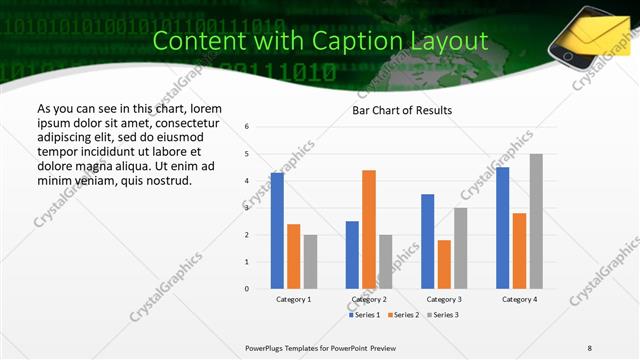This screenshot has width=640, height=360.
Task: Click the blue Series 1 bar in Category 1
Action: pos(277,231)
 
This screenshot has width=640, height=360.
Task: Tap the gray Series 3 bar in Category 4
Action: pos(536,221)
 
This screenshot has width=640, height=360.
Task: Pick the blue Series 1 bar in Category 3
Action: pos(428,241)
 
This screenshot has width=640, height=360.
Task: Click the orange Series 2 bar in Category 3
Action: pos(444,264)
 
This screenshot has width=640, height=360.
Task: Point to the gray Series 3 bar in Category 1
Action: pos(310,262)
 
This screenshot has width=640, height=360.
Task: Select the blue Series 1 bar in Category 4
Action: pos(503,228)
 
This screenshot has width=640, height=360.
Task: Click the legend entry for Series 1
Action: pos(364,315)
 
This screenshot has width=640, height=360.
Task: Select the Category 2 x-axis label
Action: pos(369,299)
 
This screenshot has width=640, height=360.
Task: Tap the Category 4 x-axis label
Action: pos(519,299)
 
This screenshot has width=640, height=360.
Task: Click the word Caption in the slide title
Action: pos(357,41)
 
